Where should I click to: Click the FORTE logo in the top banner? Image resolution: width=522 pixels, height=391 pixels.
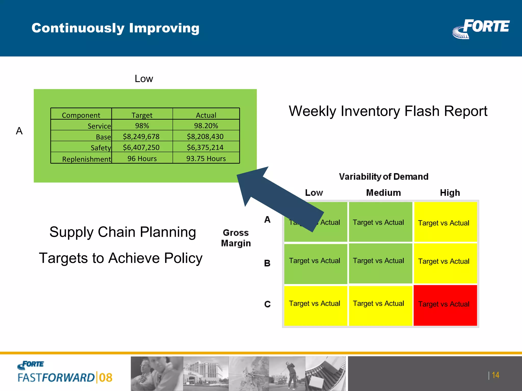481,29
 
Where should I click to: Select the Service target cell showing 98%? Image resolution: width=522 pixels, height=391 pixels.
142,126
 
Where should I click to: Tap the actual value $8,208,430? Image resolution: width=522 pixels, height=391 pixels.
205,137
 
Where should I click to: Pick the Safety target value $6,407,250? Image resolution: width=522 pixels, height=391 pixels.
141,147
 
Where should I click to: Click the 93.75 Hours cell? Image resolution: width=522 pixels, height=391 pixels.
206,159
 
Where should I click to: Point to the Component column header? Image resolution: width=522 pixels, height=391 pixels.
81,115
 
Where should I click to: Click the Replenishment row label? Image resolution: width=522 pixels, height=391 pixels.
86,159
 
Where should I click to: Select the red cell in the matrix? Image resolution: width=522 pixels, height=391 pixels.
445,305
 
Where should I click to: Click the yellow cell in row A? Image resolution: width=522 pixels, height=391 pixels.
445,222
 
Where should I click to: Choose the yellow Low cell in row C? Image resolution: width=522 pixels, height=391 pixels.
315,305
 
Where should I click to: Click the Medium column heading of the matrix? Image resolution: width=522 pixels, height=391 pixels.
383,193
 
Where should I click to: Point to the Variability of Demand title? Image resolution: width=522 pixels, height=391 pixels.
383,176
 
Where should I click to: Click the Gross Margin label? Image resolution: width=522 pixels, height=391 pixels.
236,238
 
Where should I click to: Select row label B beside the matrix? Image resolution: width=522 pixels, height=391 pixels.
267,263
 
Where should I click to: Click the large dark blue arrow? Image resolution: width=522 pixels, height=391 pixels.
275,193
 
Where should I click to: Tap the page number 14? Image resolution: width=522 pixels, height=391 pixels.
495,375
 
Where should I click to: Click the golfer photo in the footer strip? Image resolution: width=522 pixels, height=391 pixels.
288,373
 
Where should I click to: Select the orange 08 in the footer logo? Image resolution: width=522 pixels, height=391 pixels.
106,378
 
